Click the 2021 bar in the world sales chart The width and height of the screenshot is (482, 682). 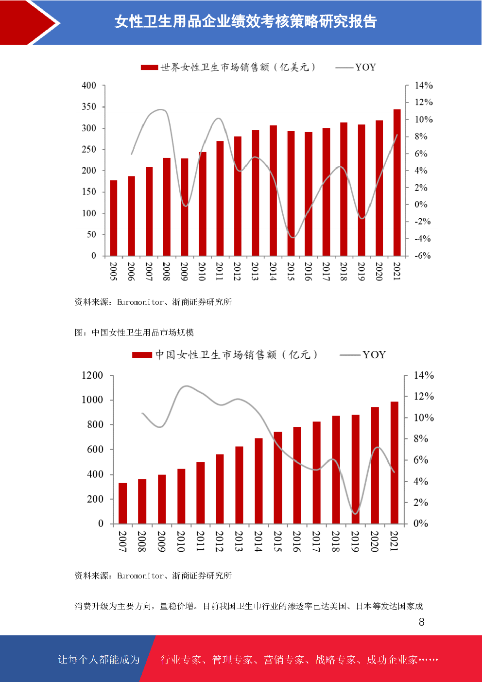[x=397, y=182]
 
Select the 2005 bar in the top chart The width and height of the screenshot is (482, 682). [x=114, y=218]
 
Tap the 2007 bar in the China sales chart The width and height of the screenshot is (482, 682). [x=122, y=503]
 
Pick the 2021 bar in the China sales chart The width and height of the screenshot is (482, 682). [x=394, y=462]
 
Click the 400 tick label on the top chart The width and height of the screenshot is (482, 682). [x=89, y=86]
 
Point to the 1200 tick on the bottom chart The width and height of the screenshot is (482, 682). [x=92, y=375]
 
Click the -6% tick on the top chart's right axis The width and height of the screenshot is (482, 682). [x=422, y=256]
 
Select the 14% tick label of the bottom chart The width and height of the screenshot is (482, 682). [x=423, y=375]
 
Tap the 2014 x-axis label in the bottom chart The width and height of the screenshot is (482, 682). [x=258, y=541]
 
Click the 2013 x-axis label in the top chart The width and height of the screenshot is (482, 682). [x=255, y=271]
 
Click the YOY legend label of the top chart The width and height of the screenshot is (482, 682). [x=365, y=67]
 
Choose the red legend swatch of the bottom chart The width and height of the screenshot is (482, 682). [x=142, y=355]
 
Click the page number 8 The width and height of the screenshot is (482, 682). [x=421, y=622]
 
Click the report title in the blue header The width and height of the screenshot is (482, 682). [x=245, y=21]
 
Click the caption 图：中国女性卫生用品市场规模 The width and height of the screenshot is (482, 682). [x=134, y=332]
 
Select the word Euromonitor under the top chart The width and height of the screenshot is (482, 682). [x=140, y=302]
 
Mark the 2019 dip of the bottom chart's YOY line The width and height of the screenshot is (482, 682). [x=355, y=513]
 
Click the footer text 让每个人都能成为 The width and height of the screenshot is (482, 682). [x=99, y=659]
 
